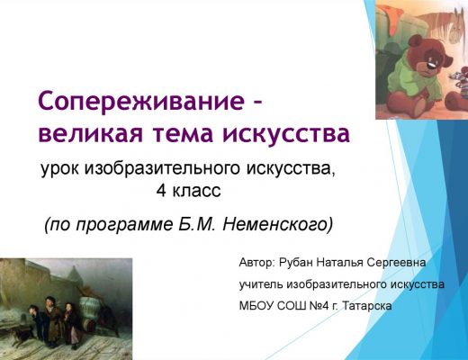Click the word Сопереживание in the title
click(141, 102)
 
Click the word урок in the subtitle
click(59, 169)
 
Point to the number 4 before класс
click(161, 190)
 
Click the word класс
click(196, 190)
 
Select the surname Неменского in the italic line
click(277, 224)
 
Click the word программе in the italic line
click(125, 225)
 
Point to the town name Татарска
click(367, 306)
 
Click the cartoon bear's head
click(424, 61)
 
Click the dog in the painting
click(22, 334)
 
